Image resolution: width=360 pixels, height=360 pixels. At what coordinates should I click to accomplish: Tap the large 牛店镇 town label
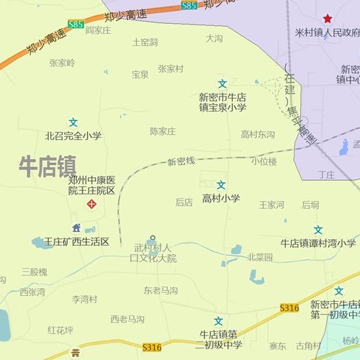click(x=48, y=166)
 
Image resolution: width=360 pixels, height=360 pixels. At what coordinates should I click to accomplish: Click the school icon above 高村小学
click(x=221, y=185)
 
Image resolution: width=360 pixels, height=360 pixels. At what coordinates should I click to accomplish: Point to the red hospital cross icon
click(x=91, y=204)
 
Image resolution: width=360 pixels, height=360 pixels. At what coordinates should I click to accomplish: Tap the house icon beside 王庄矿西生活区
click(x=76, y=228)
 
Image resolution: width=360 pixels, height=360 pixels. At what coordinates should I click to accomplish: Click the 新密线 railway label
click(x=181, y=161)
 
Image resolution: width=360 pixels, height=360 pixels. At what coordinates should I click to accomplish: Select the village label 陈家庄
click(x=163, y=131)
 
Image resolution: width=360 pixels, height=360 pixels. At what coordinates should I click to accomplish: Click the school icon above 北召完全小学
click(x=73, y=122)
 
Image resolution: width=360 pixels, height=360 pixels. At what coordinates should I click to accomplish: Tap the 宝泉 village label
click(x=140, y=74)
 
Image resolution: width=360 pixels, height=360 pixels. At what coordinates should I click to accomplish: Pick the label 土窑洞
click(x=145, y=42)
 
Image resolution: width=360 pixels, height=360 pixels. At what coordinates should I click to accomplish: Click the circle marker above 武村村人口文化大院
click(x=152, y=238)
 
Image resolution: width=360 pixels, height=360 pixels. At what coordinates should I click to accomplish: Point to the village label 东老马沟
click(x=160, y=291)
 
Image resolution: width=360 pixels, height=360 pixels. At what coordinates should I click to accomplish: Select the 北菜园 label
click(x=260, y=257)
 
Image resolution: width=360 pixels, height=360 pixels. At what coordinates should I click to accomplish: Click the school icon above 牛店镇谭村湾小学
click(x=318, y=230)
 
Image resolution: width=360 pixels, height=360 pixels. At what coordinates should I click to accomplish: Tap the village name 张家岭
click(x=62, y=63)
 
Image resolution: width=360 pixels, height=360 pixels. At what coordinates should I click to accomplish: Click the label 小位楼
click(x=264, y=161)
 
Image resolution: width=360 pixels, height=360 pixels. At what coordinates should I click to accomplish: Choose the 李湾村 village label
click(x=84, y=299)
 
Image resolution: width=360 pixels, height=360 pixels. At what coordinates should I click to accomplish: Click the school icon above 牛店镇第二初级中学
click(x=219, y=320)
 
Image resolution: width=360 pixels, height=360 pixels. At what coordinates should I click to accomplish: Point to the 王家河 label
click(x=271, y=205)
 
